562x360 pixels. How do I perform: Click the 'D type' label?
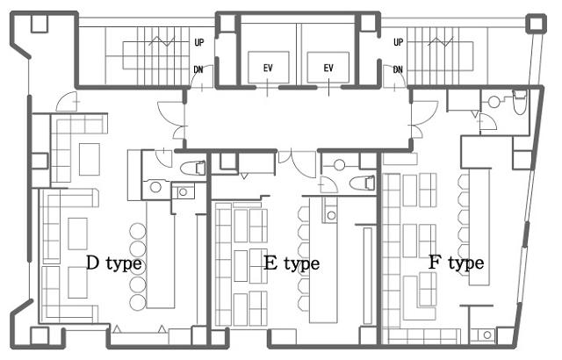114,263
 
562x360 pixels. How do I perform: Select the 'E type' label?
292,263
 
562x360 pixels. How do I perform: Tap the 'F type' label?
457,263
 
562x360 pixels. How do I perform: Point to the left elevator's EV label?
268,68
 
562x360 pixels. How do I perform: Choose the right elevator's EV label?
328,68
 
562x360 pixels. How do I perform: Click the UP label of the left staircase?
199,43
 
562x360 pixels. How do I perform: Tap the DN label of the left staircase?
198,69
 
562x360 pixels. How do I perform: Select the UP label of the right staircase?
398,42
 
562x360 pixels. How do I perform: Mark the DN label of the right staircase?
398,69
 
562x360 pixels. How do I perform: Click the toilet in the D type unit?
193,168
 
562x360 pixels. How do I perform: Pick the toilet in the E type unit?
363,183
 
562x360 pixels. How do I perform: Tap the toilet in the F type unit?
519,102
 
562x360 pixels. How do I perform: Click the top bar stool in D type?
138,231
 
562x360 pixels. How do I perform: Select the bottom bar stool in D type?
138,302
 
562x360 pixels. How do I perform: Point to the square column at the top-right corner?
536,24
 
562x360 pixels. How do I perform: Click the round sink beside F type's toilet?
494,102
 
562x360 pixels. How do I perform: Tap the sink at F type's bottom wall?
487,335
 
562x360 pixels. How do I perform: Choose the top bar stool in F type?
464,182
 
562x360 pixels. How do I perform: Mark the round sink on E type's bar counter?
332,215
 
